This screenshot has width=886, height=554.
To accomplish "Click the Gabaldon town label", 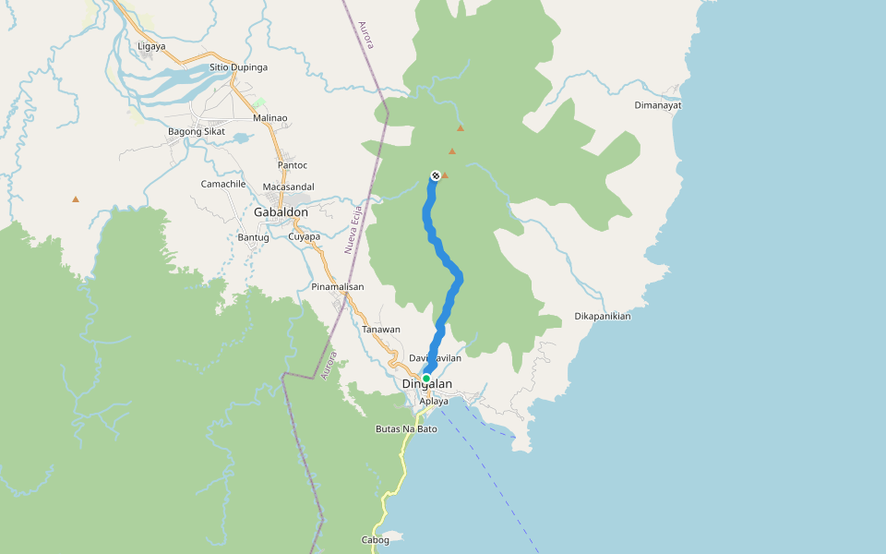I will click(x=281, y=212).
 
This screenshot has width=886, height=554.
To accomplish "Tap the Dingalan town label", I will click(x=427, y=385).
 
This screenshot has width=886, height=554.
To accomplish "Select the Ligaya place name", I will click(x=151, y=46).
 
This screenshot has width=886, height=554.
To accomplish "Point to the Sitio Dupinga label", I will click(x=238, y=67).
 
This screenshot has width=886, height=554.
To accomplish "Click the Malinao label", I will click(x=270, y=118).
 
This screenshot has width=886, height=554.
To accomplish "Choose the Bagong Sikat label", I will click(x=197, y=131).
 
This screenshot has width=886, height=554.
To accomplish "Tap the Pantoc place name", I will click(x=293, y=165).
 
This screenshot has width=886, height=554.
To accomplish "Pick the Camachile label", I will click(x=223, y=184).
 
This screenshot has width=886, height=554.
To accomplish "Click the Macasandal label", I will click(x=289, y=187).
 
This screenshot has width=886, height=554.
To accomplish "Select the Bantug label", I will click(x=253, y=237).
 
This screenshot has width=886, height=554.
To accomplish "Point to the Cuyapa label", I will click(x=305, y=237).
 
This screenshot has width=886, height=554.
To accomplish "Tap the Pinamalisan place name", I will click(x=338, y=287).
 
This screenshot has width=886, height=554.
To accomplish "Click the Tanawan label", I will click(x=381, y=330).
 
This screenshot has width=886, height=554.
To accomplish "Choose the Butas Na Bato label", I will click(x=406, y=429).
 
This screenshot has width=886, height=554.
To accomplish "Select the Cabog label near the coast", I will click(x=375, y=540).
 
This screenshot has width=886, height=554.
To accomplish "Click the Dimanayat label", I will click(x=658, y=105).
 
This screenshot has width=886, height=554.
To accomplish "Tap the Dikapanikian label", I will click(x=603, y=316).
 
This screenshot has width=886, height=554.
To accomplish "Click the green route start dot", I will click(x=426, y=379).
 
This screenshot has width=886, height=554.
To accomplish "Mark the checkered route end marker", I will click(x=436, y=175).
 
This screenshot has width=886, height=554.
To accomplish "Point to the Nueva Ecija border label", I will click(x=351, y=230).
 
